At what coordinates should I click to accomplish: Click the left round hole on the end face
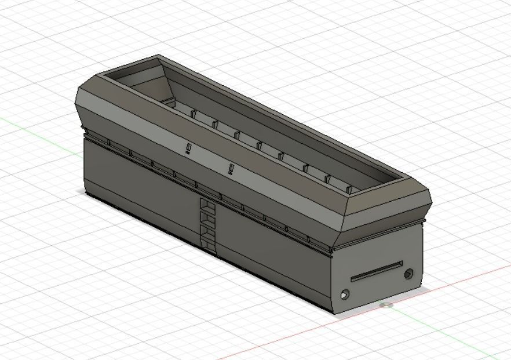coord(345,294)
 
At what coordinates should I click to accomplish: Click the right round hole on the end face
coord(409,273)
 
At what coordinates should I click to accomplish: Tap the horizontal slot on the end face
coord(377,271)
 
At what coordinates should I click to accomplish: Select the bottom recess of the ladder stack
coord(207,244)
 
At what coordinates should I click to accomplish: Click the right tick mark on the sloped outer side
coord(231,169)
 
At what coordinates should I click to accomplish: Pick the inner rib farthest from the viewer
coord(194,114)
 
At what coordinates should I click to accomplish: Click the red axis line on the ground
coord(290,336)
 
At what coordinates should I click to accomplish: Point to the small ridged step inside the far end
coord(168,101)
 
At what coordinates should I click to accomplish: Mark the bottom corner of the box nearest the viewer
coord(334,312)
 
